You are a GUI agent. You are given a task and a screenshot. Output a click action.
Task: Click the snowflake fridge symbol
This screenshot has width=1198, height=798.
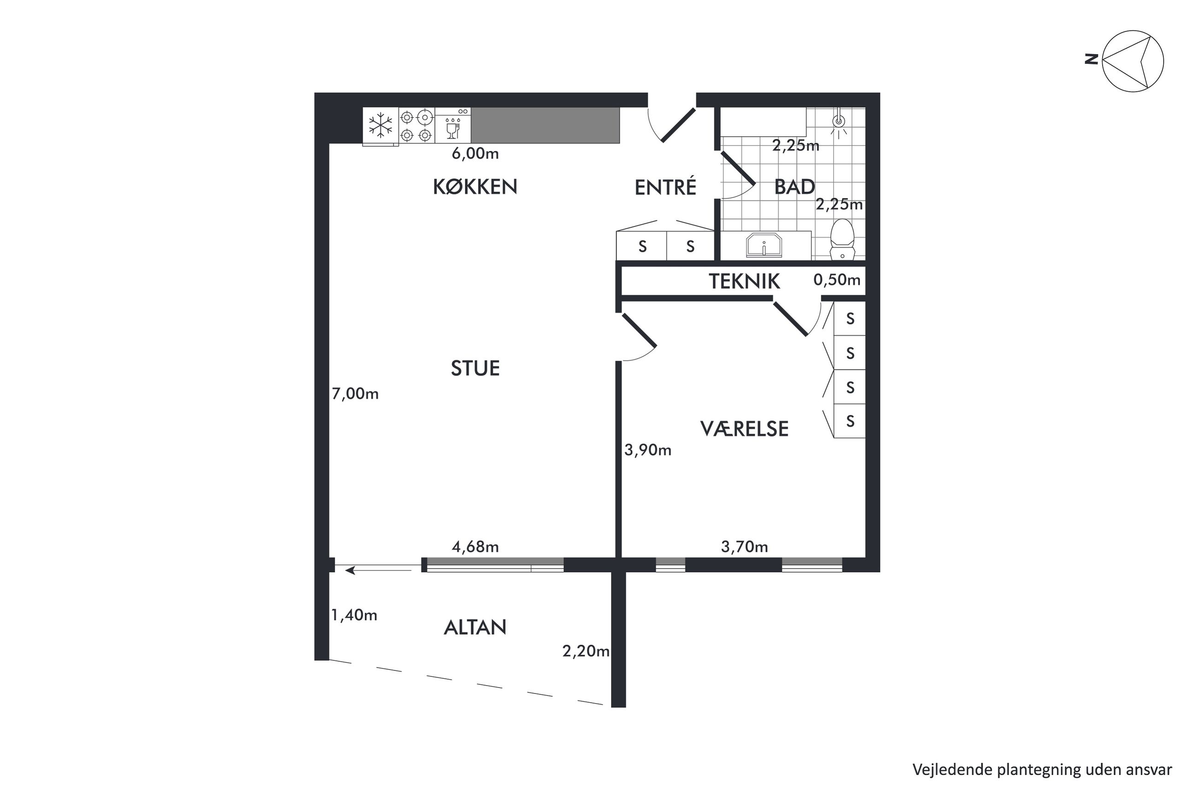point(380,125)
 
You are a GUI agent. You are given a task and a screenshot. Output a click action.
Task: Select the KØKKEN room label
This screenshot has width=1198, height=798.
point(475,187)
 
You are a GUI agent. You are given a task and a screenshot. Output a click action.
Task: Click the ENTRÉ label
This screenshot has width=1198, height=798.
point(665,187)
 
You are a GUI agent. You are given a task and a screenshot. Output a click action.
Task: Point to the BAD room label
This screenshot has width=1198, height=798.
point(794,187)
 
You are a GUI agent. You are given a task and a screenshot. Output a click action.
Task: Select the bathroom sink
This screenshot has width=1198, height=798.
point(763,246)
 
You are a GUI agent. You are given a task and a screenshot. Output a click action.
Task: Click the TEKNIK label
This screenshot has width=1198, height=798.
point(744,281)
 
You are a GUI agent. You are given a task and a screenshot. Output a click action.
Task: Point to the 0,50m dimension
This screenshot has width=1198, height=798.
point(836,280)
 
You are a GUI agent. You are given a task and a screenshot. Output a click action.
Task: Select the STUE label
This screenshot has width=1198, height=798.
point(475,368)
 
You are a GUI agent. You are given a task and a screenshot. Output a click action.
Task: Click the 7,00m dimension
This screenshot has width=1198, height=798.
point(355,393)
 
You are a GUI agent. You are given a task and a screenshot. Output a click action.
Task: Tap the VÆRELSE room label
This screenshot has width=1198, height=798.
point(744,429)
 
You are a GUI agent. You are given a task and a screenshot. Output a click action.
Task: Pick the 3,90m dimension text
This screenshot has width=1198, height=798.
point(648,450)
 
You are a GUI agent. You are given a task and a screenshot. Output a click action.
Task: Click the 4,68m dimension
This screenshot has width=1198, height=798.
point(475,547)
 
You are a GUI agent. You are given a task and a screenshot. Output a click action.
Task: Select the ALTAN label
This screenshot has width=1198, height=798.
point(475,628)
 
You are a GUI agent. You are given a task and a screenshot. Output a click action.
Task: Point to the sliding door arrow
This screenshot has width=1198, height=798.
point(378,571)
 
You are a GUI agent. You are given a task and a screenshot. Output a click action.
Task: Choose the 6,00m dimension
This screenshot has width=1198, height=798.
point(475,153)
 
